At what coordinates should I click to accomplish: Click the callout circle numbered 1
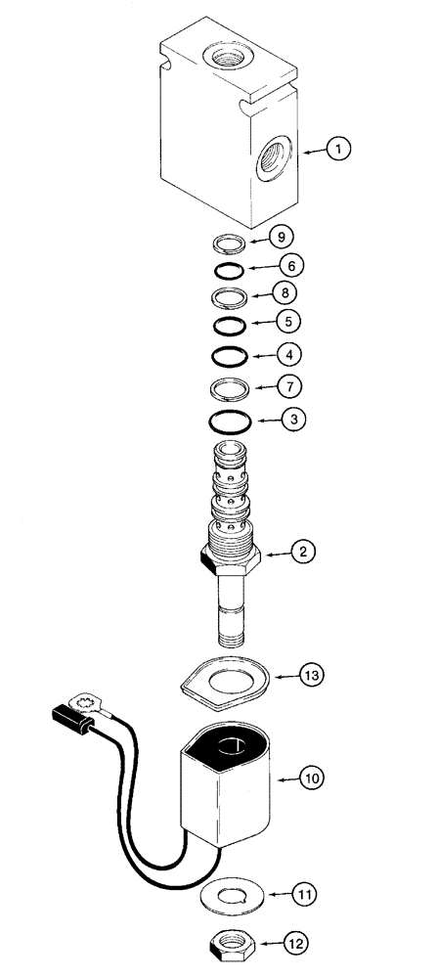coord(338,150)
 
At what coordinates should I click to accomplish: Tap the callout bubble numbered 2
coord(304,553)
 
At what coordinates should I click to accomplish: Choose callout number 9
coord(281,236)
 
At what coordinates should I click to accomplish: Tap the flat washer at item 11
coord(234,894)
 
